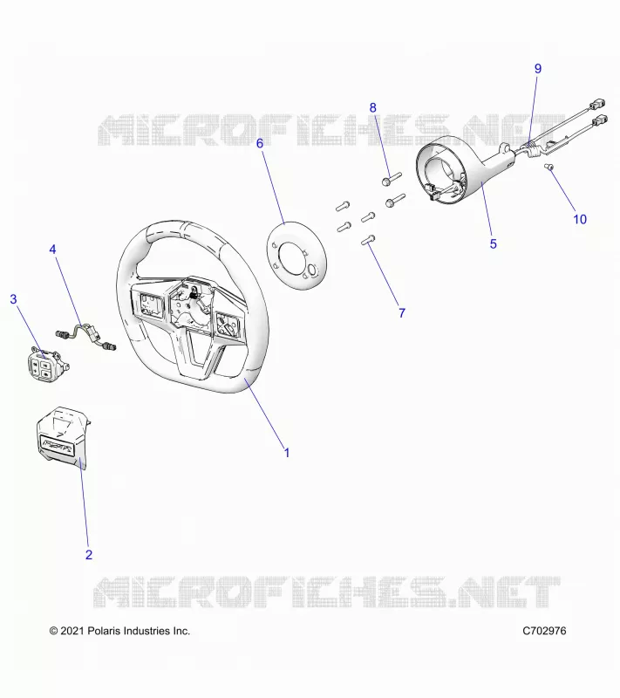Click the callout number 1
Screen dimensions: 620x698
coord(287,453)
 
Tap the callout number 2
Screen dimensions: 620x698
coord(89,555)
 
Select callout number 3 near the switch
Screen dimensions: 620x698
coord(13,299)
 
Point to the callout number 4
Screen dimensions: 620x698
coord(52,250)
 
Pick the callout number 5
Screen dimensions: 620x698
coord(494,244)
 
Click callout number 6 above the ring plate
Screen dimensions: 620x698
coord(260,143)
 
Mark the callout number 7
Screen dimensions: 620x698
coord(402,313)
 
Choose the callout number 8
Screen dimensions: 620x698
coord(372,107)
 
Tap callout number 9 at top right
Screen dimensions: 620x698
coord(538,69)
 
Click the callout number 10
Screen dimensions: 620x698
coord(580,219)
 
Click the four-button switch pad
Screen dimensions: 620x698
coord(46,365)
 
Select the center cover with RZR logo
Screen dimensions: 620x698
coord(63,436)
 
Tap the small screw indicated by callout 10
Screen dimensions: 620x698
coord(548,167)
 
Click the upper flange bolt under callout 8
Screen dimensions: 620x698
coord(392,179)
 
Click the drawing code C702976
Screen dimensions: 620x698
coord(544,631)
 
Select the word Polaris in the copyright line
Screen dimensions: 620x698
coord(104,631)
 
